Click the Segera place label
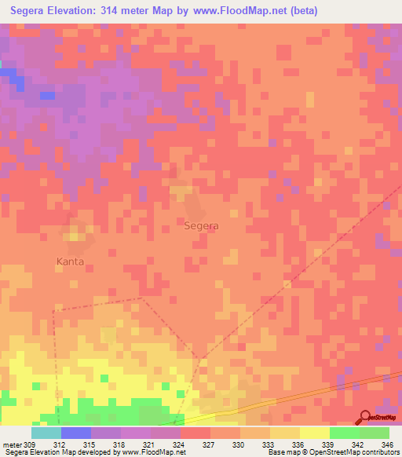201,225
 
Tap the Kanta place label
70,261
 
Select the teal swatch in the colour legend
46,433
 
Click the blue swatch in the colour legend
75,433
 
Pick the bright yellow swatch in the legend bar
314,433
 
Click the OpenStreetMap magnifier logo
366,418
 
